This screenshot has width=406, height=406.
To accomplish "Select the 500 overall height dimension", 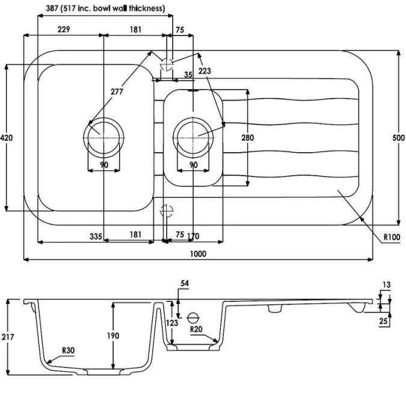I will coord(398,138).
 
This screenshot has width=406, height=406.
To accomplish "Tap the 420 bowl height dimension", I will coord(7,138).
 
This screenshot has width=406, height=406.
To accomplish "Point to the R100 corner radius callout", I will coord(391,236).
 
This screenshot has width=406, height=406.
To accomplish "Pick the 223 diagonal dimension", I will coord(205,70).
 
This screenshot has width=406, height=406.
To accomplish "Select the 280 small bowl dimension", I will coord(247,138).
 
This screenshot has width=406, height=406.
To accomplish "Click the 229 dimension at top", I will coord(64,29).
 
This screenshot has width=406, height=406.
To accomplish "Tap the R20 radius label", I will coord(195,330).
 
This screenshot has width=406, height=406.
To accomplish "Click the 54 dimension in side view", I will coord(185,283).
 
